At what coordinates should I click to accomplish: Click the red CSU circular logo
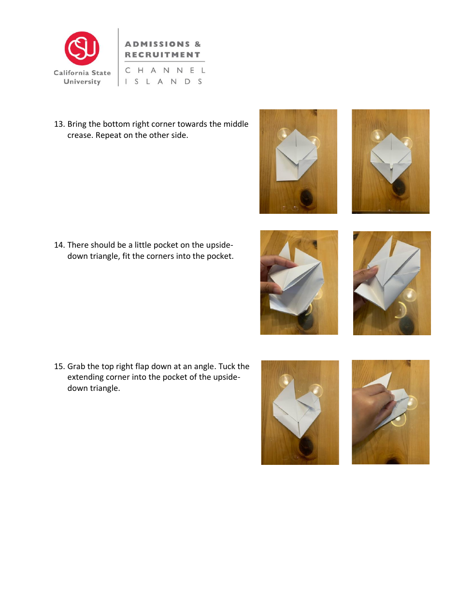coord(82,48)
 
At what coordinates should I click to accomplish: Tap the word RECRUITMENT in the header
coord(162,55)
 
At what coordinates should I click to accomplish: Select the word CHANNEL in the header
coord(165,71)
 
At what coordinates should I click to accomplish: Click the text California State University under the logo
coord(82,77)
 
